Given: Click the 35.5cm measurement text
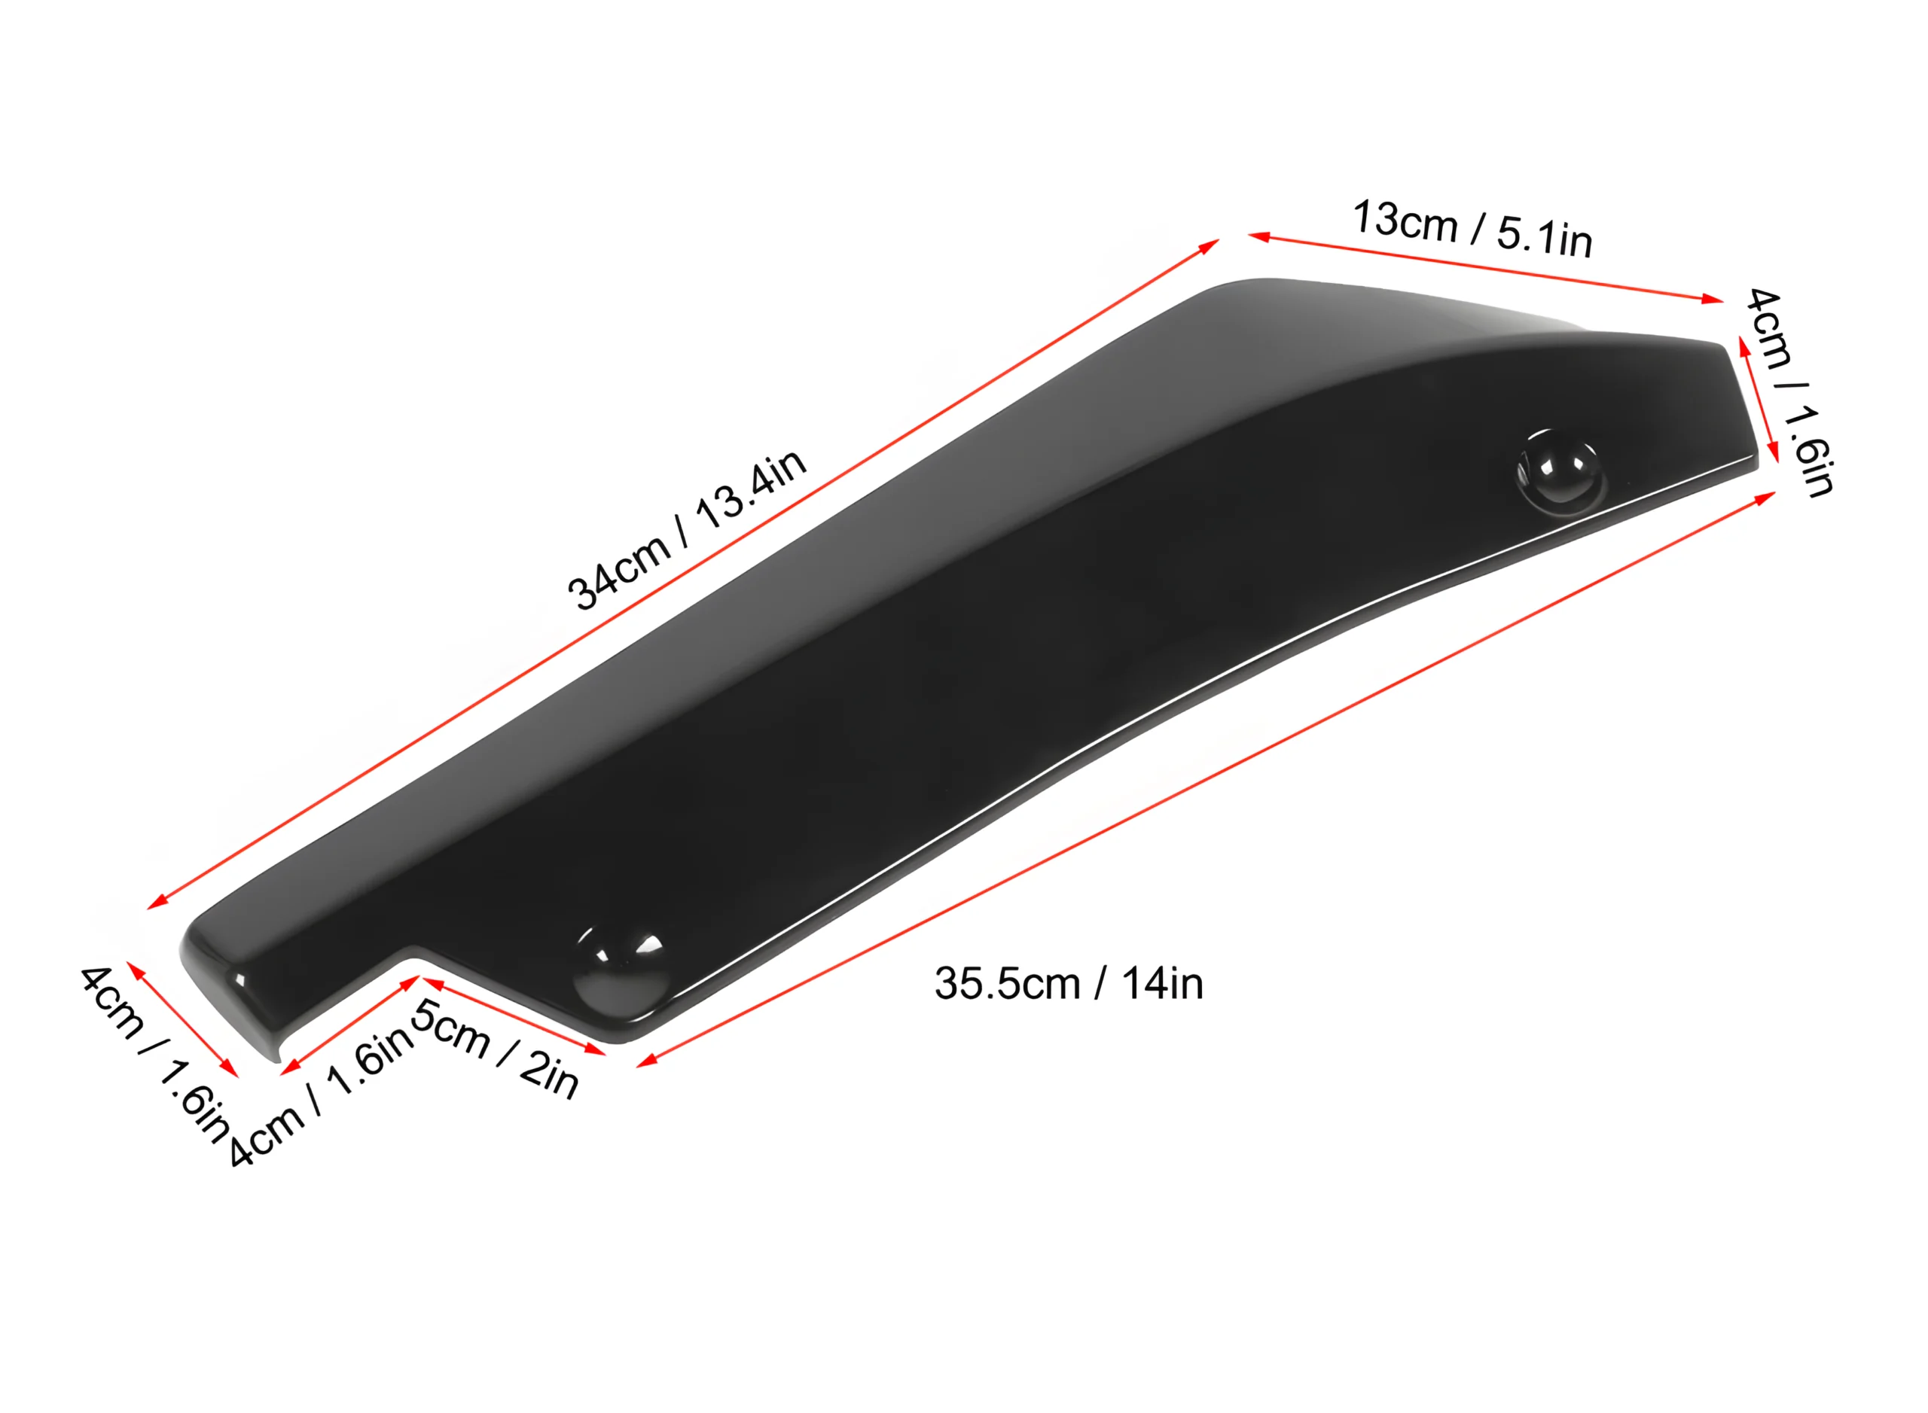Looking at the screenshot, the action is pos(1007,984).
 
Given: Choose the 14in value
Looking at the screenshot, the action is pos(1162,984).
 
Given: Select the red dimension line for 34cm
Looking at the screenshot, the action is pos(683,574).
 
